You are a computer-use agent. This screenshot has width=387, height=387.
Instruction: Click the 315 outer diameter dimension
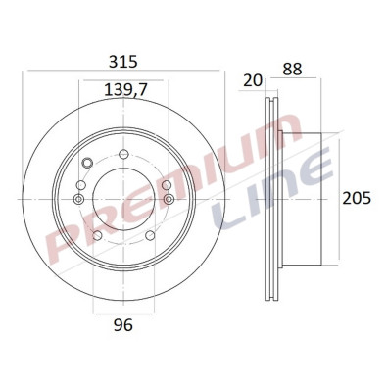(x=121, y=62)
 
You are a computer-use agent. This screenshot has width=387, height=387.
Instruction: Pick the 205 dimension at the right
(x=356, y=199)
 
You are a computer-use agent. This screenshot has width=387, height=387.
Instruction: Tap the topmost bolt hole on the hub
(x=123, y=153)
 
